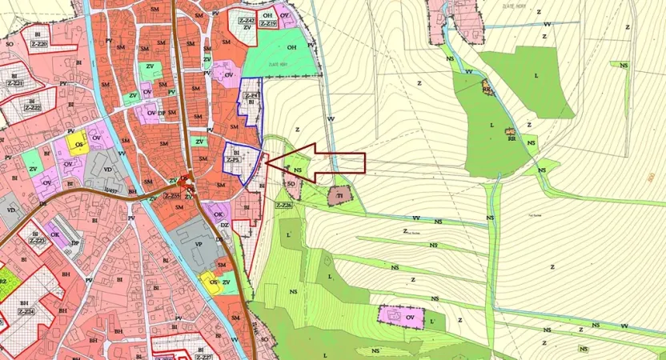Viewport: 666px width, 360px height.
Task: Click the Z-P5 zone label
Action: tap(234, 160)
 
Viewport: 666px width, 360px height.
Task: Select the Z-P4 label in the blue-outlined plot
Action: tap(249, 95)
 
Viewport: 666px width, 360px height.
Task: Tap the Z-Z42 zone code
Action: tap(247, 19)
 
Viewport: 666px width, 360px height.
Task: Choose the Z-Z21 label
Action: tap(14, 83)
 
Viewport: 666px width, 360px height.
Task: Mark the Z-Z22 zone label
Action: tap(32, 107)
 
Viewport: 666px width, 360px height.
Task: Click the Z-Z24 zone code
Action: tap(26, 310)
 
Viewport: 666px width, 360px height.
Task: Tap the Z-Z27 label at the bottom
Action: tap(203, 357)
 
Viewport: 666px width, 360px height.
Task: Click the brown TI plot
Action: tap(339, 195)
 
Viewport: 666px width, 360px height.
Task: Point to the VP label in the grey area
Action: tap(198, 244)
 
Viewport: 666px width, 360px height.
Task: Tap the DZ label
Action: tap(225, 226)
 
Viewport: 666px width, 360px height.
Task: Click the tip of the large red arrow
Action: tap(264, 164)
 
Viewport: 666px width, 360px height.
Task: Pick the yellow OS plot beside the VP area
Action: tap(213, 281)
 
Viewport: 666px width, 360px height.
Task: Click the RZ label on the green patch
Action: tap(3, 282)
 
